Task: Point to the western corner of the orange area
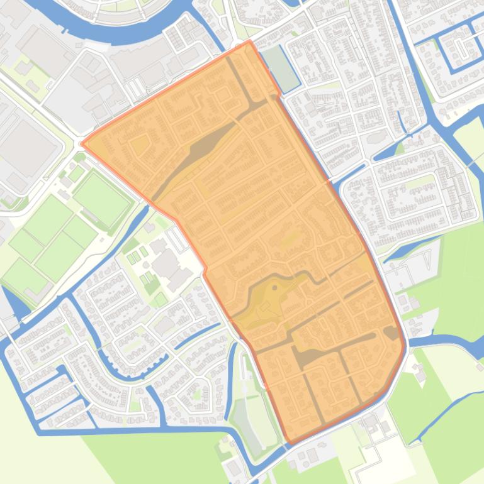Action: (x=82, y=143)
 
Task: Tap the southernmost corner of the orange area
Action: (x=289, y=443)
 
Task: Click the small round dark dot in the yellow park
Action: (x=275, y=288)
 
